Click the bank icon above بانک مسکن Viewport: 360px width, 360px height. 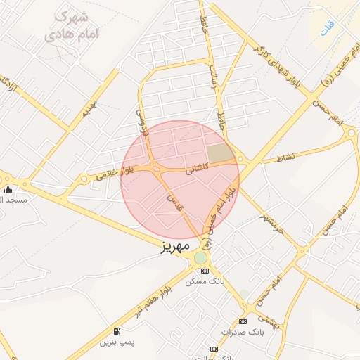coord(205,271)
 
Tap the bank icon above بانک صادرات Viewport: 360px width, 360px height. coord(243,321)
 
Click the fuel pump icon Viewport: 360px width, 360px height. coord(116,331)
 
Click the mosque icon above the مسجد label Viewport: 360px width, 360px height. coord(8,190)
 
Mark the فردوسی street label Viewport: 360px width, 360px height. coord(143,121)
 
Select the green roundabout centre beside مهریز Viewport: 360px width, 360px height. coord(201,258)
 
